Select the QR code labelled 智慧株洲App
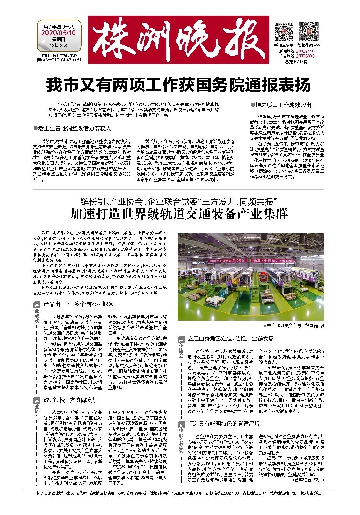308,31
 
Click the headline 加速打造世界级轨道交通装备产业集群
178,213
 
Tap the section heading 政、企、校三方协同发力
70,400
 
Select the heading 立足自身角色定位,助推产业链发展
231,339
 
